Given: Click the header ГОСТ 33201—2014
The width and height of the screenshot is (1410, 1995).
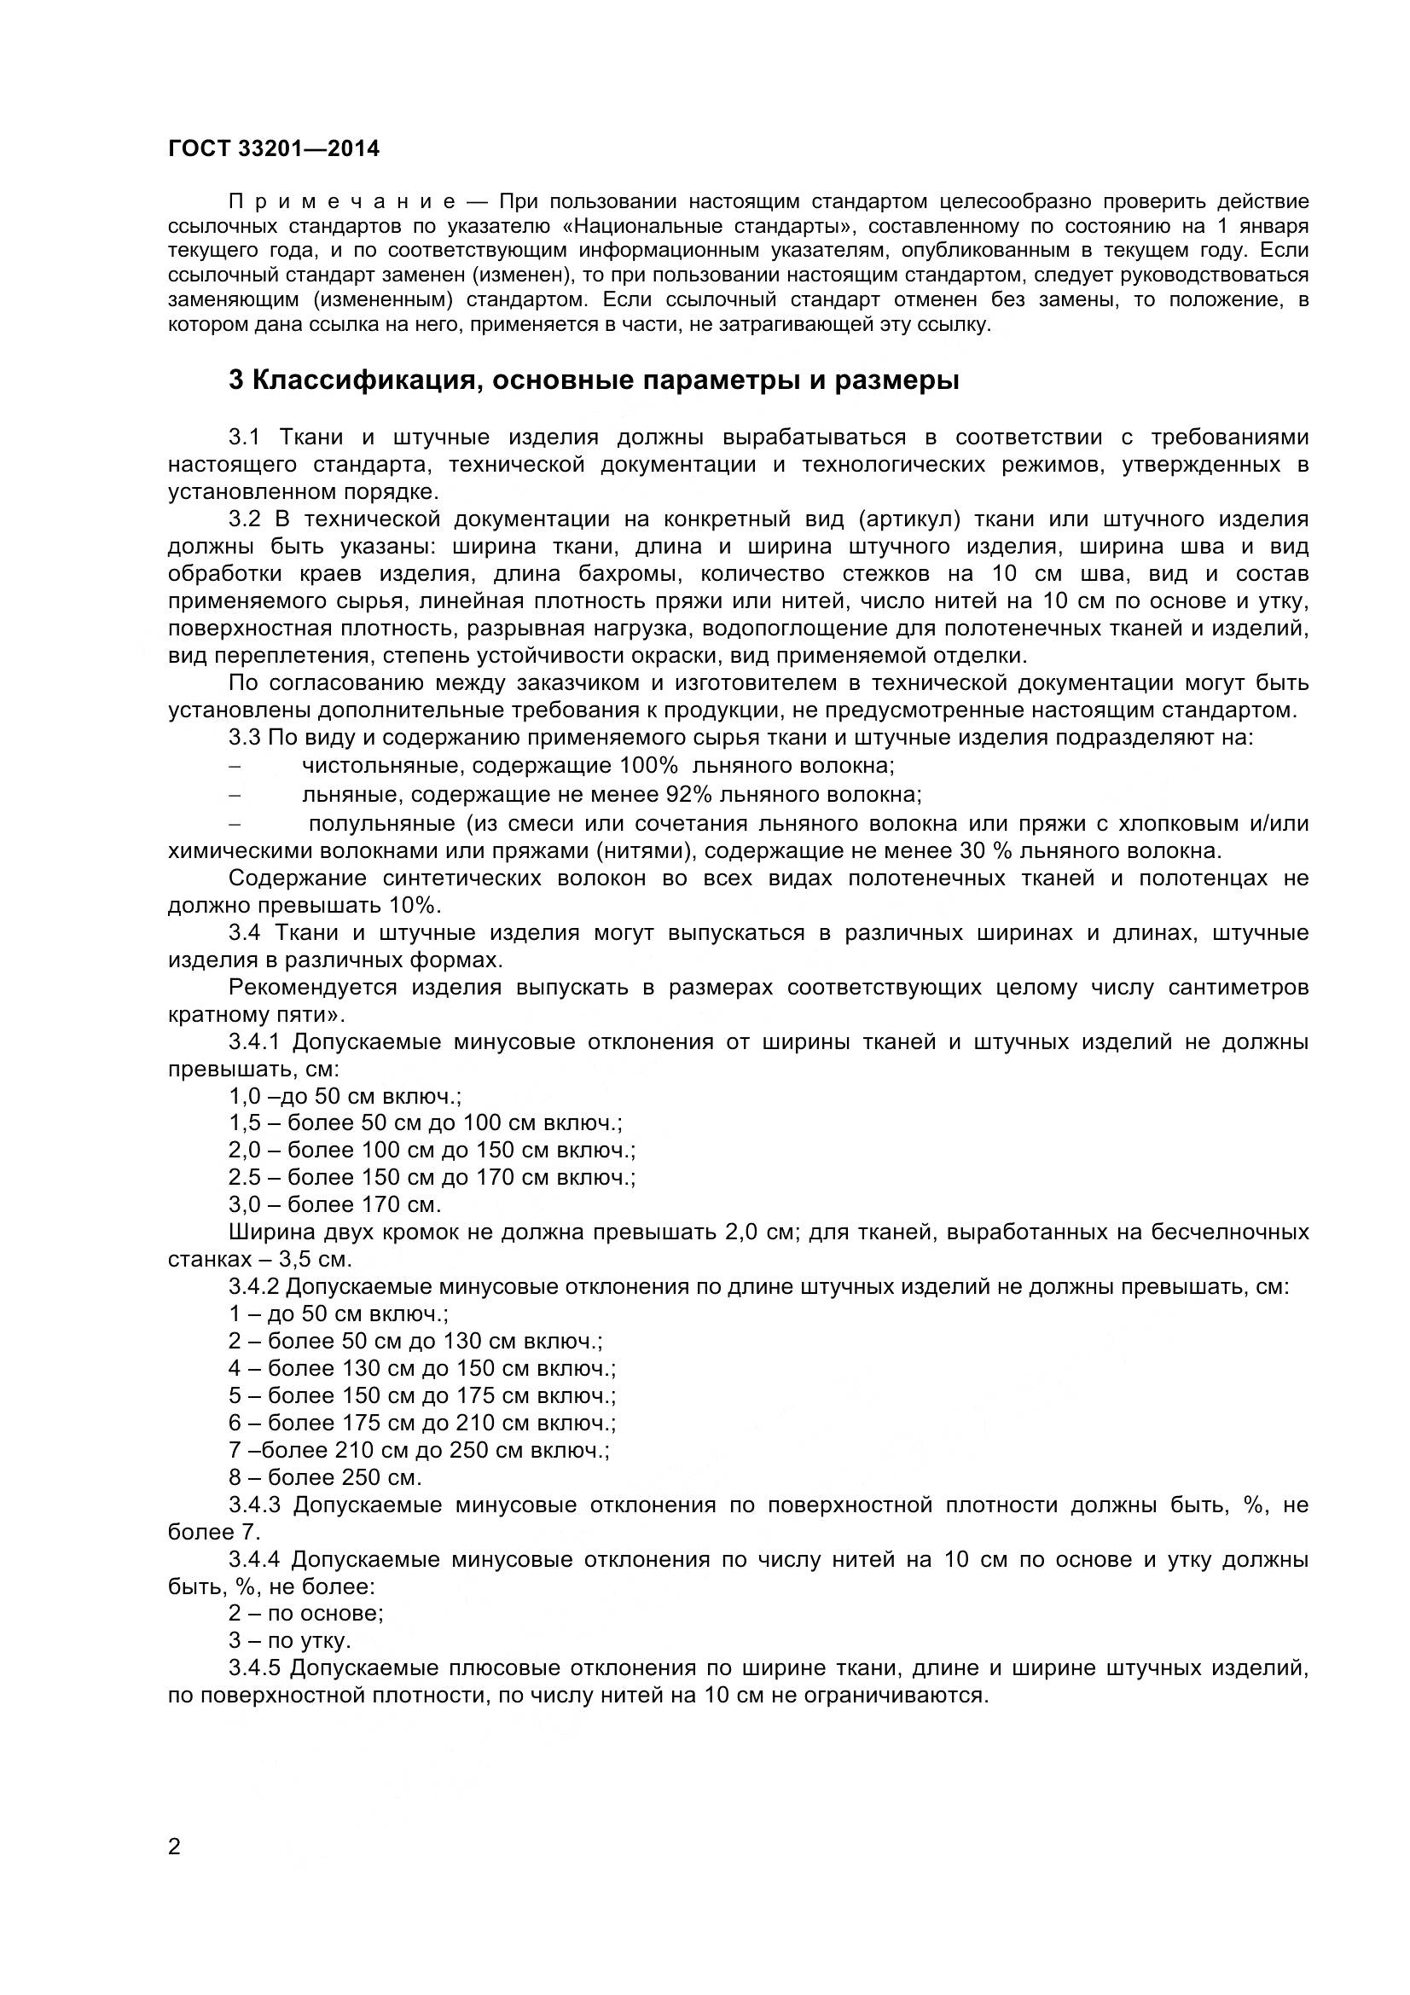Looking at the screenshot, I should (274, 149).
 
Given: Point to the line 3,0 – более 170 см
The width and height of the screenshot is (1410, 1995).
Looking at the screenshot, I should (334, 1204).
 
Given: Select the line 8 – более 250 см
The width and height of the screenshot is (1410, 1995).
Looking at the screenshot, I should (325, 1477).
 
